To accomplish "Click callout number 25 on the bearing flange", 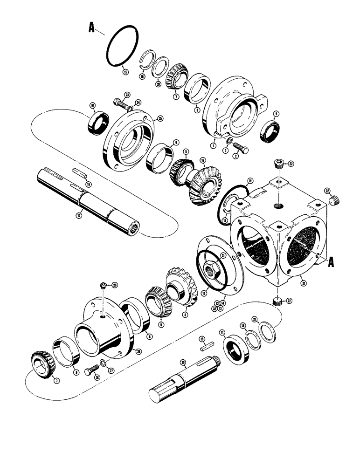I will pos(160,118).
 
